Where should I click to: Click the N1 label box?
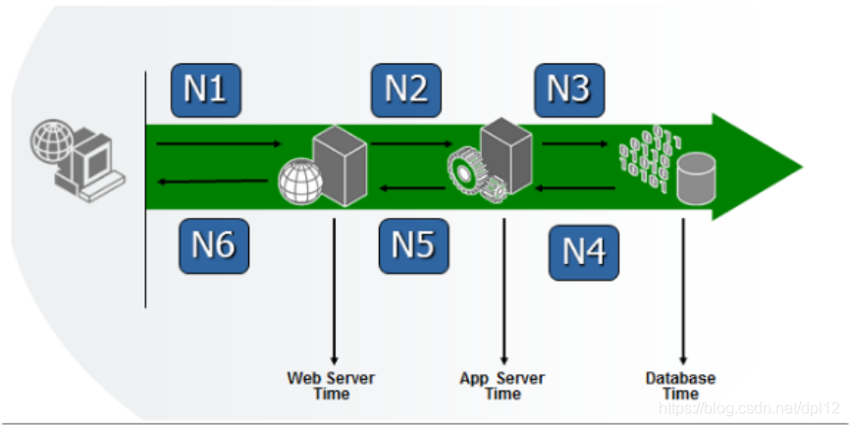[205, 89]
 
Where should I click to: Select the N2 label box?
[406, 89]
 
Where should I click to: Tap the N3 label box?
[569, 89]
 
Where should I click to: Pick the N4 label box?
[584, 252]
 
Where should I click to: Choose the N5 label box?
[413, 245]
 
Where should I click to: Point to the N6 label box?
[213, 245]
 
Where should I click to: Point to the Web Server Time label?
[331, 386]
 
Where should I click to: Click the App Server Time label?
[503, 386]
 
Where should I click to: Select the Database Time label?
[680, 386]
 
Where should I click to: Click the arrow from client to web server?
[218, 144]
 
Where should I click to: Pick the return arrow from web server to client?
[213, 181]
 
